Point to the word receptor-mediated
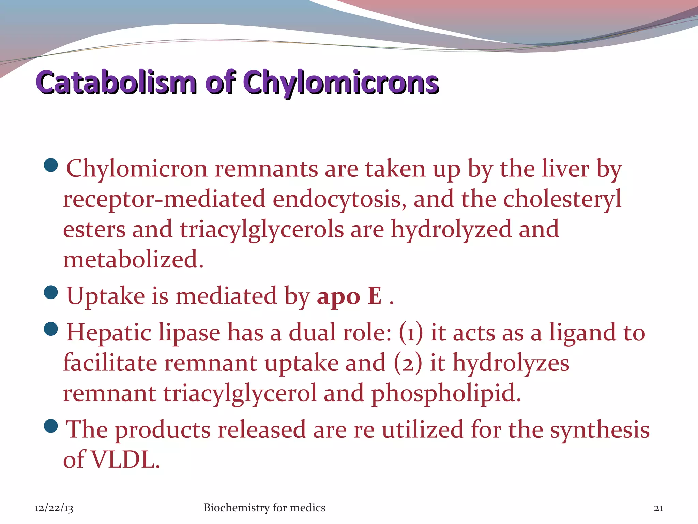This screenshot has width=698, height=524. coord(164,199)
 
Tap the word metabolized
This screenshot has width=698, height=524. coord(133,259)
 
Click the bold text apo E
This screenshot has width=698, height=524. coord(349,295)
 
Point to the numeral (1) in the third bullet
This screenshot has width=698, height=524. coord(411,333)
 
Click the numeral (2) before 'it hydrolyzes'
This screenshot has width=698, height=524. coord(408,363)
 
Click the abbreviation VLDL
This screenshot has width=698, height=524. coord(126,460)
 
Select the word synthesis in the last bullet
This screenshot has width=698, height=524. coord(600,430)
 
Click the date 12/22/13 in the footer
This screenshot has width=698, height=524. coord(54,508)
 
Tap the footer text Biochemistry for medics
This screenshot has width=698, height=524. coord(264,508)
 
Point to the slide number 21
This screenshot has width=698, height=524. coord(658,508)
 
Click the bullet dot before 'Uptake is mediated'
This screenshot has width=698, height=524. coord(51,292)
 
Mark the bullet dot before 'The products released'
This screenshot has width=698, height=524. coord(51,426)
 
